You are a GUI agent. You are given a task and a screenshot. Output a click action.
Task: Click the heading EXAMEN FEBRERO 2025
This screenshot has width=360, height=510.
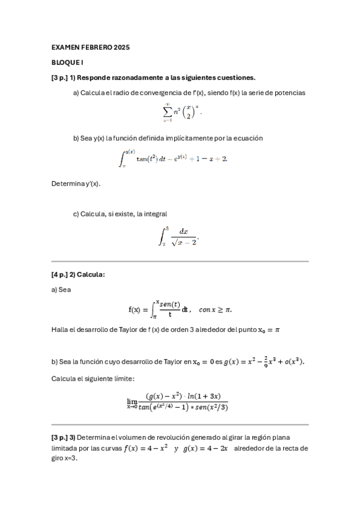click(x=91, y=47)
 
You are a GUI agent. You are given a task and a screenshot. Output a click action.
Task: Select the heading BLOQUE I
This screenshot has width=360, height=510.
click(x=67, y=62)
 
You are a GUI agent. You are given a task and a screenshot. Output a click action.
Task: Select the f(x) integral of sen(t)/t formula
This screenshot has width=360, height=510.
click(x=159, y=309)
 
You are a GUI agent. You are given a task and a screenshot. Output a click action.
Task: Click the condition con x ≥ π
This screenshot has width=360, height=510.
click(x=215, y=310)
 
